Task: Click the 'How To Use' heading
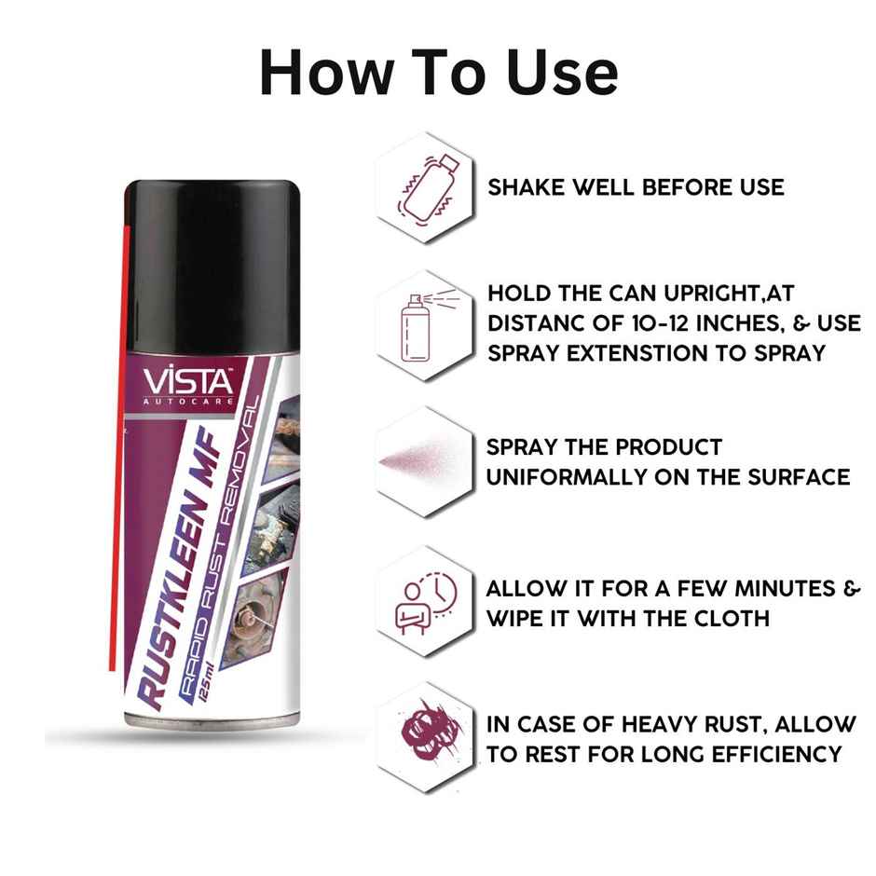pos(439,74)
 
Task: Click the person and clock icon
pos(426,602)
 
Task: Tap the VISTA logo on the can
pos(188,383)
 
